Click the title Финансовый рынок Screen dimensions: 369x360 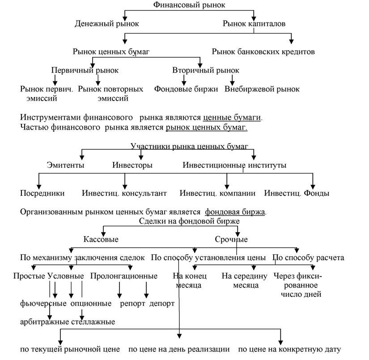pos(189,5)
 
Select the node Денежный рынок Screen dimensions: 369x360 pos(107,24)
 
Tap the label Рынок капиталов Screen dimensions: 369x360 pos(254,24)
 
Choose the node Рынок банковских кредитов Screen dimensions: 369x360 pos(263,51)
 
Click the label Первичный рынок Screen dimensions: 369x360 pos(85,70)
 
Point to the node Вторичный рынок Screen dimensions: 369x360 pos(206,70)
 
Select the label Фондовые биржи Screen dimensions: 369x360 pos(186,89)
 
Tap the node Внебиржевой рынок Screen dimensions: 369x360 pos(262,89)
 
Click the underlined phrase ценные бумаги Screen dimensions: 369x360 pos(232,117)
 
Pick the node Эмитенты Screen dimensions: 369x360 pos(65,165)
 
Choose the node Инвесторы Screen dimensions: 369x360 pos(132,165)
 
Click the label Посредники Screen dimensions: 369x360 pos(42,193)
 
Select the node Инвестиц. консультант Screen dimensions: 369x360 pos(124,193)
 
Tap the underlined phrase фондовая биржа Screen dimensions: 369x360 pos(235,212)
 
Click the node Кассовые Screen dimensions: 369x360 pos(101,239)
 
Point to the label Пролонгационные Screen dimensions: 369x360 pos(124,276)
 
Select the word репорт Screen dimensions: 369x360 pos(132,304)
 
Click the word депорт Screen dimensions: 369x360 pos(162,304)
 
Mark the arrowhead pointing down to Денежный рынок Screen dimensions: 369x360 pos(125,19)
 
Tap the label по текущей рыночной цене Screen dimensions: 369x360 pos(70,349)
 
